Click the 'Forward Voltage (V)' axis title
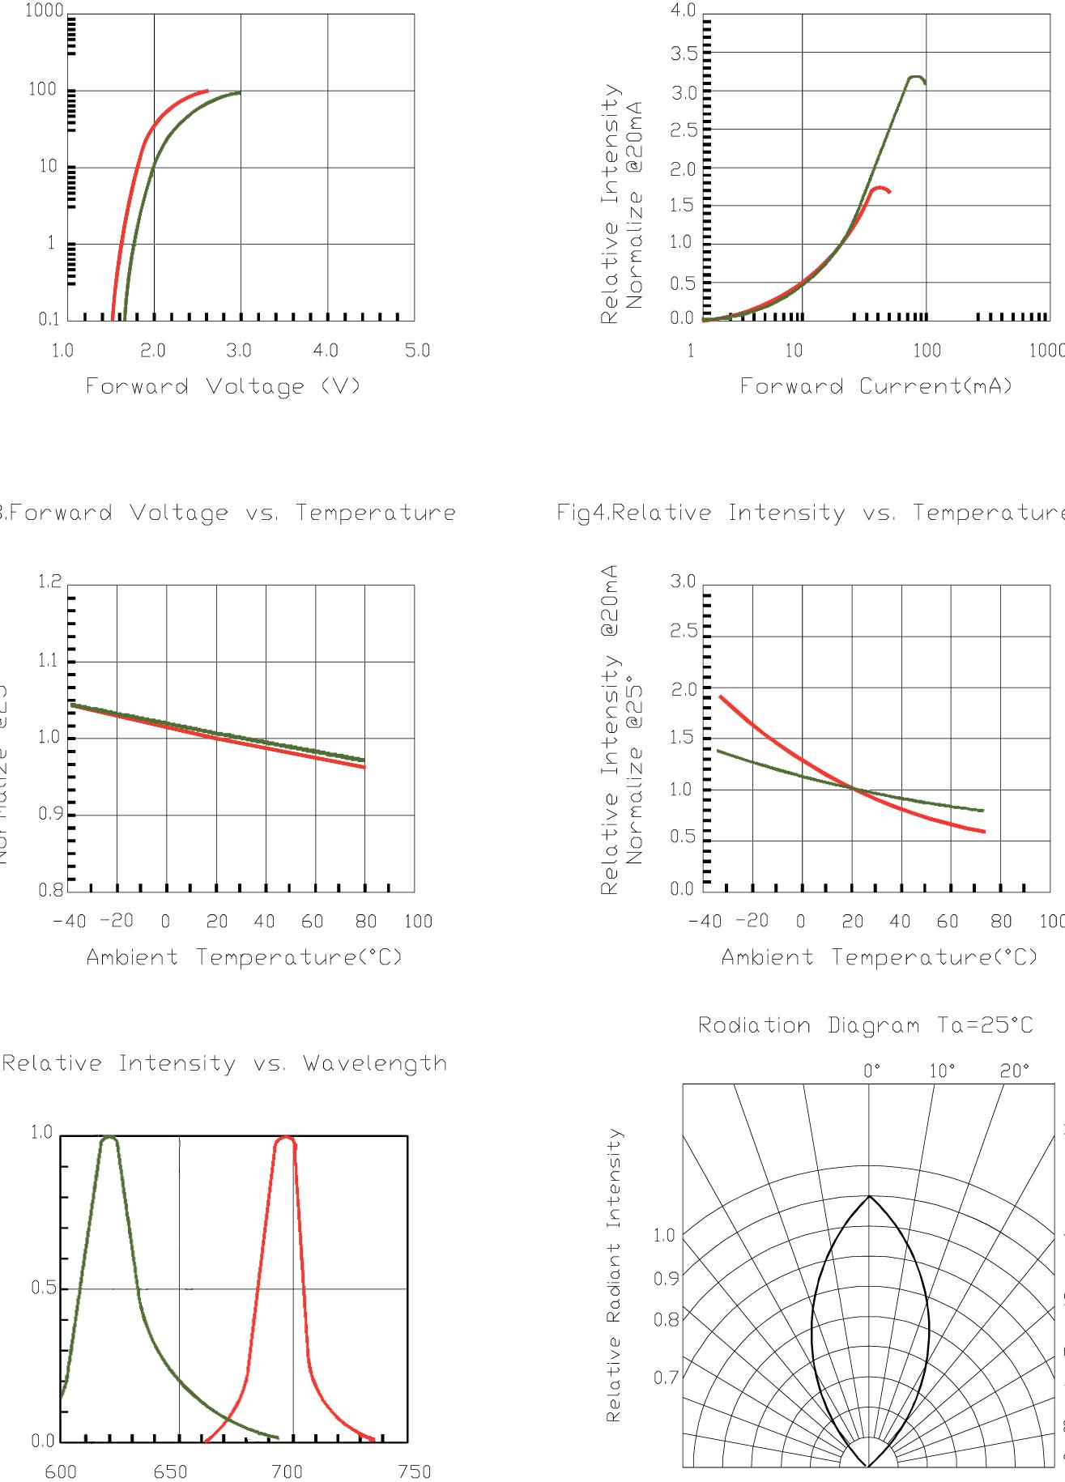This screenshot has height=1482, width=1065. [x=223, y=386]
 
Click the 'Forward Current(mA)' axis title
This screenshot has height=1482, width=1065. [x=876, y=386]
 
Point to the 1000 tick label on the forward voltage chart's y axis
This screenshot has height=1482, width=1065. [x=44, y=11]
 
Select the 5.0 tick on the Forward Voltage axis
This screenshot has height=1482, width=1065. [x=417, y=351]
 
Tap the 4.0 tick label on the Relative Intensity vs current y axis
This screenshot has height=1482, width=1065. [x=683, y=11]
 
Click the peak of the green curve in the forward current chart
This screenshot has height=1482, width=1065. [x=914, y=77]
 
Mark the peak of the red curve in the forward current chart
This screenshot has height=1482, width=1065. [x=879, y=188]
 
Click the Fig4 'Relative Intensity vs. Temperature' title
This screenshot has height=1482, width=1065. [x=810, y=513]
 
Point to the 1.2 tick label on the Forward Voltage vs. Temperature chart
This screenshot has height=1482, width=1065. [x=49, y=581]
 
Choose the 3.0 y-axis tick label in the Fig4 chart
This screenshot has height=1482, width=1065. [x=683, y=581]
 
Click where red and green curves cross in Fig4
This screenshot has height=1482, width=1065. [x=853, y=788]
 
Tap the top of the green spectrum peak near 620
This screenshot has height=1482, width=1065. [x=109, y=1137]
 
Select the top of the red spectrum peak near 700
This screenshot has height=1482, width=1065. [x=284, y=1137]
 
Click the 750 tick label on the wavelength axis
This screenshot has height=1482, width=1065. [x=414, y=1471]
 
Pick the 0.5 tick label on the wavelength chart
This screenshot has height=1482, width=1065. [x=43, y=1288]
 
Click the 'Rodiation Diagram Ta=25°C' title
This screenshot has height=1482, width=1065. [x=866, y=1026]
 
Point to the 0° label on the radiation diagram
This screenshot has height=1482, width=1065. [x=871, y=1071]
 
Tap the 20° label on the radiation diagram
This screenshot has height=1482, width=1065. [x=1014, y=1071]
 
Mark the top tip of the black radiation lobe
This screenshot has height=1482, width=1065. [x=869, y=1196]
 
